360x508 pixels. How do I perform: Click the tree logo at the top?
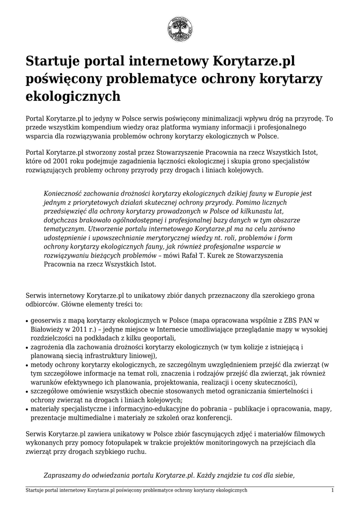(x=180, y=29)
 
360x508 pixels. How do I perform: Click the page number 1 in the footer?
(x=333, y=490)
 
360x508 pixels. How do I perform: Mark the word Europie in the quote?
(x=287, y=194)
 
